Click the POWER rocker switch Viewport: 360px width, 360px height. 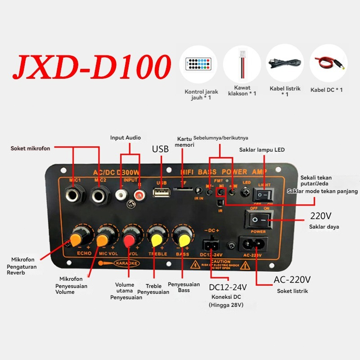pos(258,219)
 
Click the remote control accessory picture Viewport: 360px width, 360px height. pos(198,64)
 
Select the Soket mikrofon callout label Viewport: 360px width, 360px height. pos(31,148)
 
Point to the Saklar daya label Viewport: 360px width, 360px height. pos(324,227)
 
